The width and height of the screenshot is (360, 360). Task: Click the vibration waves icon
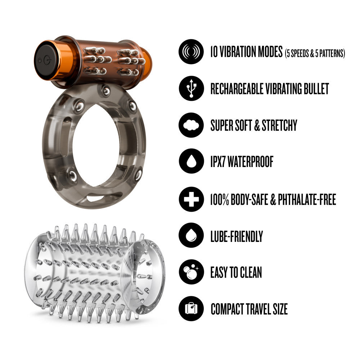(191, 51)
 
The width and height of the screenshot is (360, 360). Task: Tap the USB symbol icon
(191, 88)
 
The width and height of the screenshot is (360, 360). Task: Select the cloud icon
(191, 125)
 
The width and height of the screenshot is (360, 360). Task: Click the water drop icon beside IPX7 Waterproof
(191, 161)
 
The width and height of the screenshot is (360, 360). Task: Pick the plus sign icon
(191, 199)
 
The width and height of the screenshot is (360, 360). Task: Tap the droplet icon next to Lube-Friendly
(191, 235)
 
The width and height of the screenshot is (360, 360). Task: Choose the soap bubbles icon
(191, 272)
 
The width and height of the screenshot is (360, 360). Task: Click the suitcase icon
(191, 309)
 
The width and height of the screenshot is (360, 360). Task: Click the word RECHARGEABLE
(237, 89)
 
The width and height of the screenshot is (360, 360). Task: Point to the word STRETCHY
(279, 125)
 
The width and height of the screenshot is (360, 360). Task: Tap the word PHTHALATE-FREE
(307, 199)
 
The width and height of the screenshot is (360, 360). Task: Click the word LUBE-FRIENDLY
(237, 236)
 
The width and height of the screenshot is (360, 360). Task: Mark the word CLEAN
(251, 272)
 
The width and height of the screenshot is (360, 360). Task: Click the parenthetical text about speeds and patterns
(315, 53)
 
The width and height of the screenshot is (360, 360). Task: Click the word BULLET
(316, 89)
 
